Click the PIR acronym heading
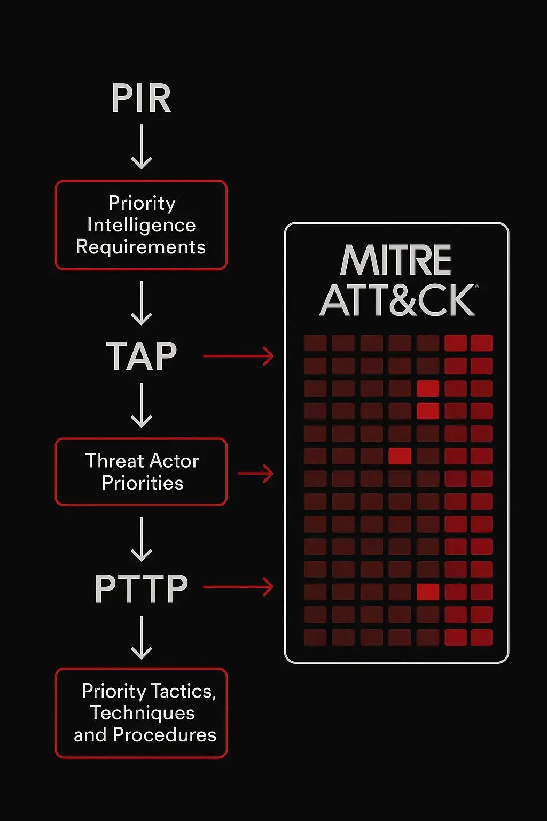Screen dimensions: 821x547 141,98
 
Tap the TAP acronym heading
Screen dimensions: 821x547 141,357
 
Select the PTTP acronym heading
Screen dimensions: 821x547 141,589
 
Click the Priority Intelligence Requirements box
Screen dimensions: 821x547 141,225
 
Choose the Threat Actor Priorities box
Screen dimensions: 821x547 141,471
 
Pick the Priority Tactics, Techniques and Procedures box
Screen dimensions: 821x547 141,712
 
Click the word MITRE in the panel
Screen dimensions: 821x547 396,260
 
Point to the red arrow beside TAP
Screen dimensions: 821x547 238,356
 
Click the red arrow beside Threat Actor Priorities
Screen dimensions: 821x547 255,474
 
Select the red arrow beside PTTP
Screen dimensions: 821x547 238,587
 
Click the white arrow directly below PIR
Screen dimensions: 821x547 142,146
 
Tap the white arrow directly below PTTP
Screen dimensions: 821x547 142,637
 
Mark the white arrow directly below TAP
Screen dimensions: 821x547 142,405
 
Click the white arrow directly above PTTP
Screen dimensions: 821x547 142,539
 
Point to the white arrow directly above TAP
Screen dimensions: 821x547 142,303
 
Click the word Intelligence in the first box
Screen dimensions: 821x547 142,225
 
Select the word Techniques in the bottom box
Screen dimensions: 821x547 143,713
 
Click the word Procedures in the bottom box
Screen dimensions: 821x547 165,735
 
